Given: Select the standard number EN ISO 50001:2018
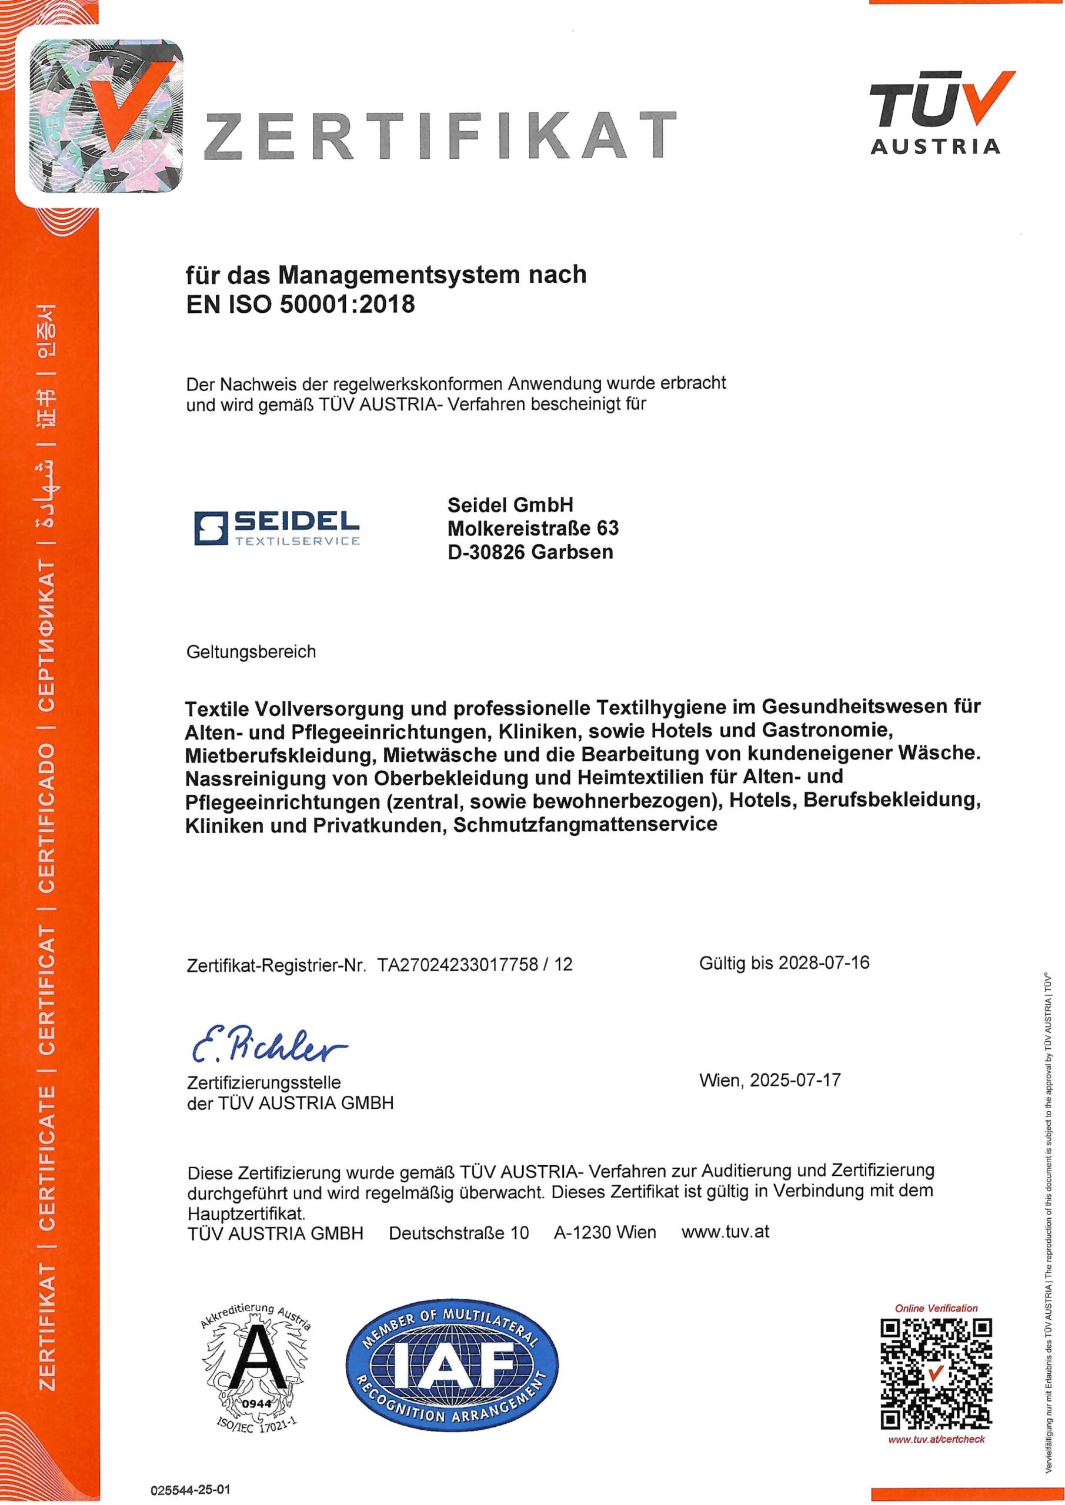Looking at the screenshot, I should (301, 304).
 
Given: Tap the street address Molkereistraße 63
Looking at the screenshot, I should (533, 528).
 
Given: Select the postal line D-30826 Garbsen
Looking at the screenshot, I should (530, 552).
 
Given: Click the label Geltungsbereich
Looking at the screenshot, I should (251, 651).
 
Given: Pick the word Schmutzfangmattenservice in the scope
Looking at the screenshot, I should (585, 824).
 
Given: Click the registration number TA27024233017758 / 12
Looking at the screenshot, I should (475, 964).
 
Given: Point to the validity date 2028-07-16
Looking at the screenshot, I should (824, 962).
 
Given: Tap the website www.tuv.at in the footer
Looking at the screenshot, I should (725, 1232).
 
